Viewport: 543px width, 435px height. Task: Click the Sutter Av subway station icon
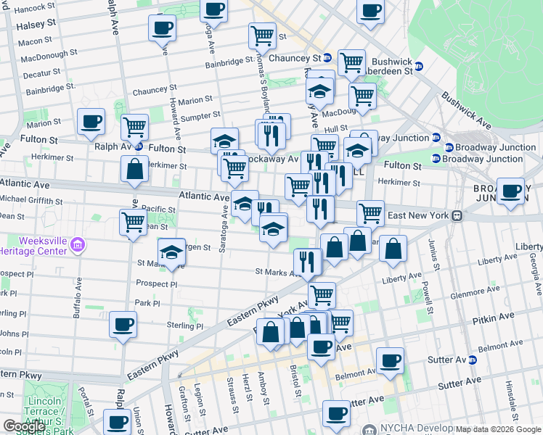click(473, 360)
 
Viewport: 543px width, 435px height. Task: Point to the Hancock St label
click(30, 8)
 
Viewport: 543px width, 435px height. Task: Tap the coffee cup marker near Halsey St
click(162, 29)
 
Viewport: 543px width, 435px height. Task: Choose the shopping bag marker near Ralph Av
click(135, 170)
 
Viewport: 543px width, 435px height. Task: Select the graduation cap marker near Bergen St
click(171, 253)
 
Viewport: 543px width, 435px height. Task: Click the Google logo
click(25, 426)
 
